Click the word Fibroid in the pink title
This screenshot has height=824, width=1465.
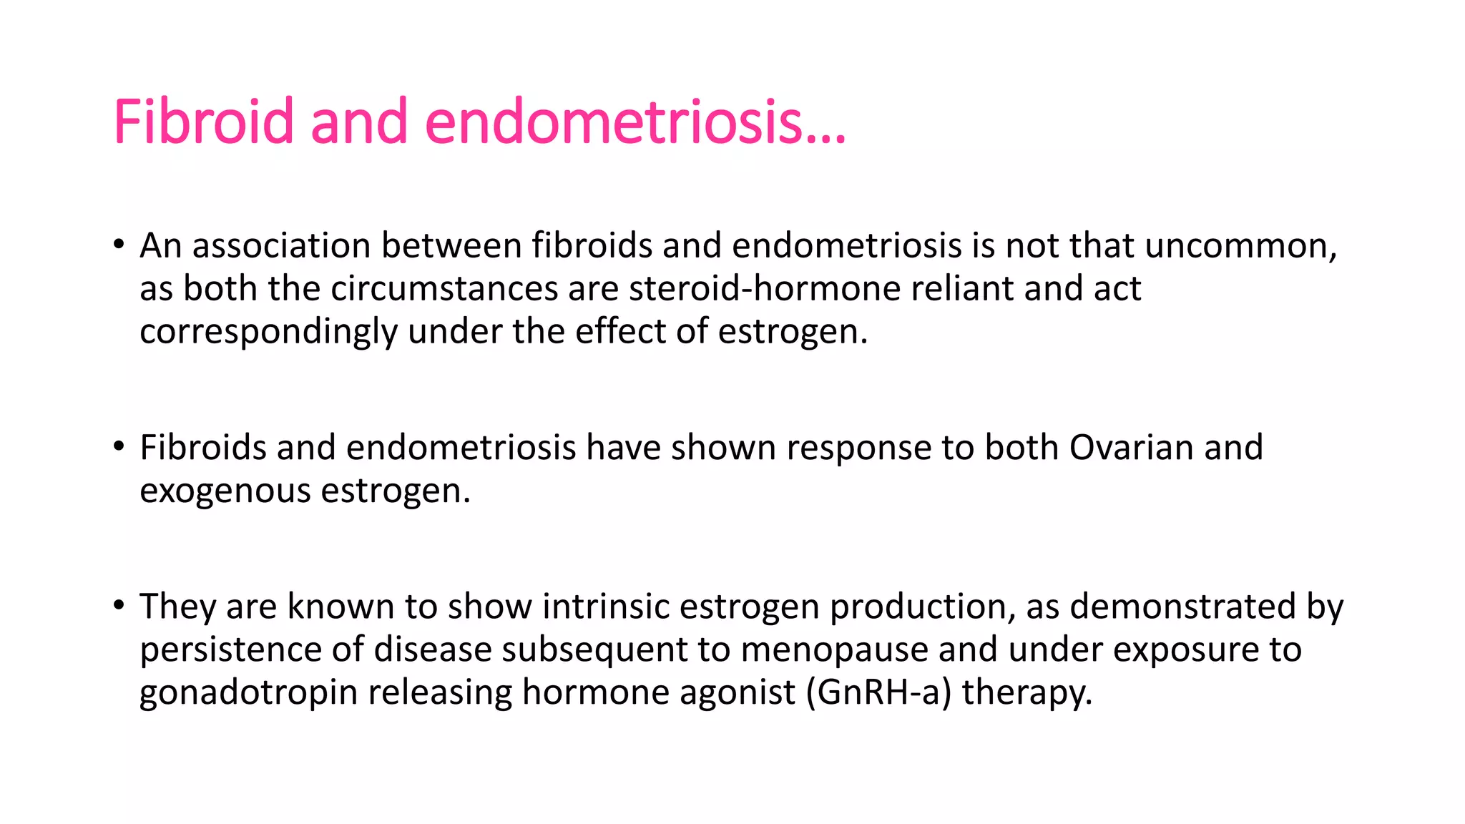tap(203, 122)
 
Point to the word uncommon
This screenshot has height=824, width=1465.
tap(1240, 245)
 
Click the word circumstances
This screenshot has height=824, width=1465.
tap(444, 288)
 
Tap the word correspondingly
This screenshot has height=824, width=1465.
tap(268, 332)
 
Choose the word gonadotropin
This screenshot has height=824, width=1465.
tap(248, 692)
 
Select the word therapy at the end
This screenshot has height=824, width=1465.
tap(1027, 692)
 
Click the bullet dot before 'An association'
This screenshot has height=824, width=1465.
tap(119, 245)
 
